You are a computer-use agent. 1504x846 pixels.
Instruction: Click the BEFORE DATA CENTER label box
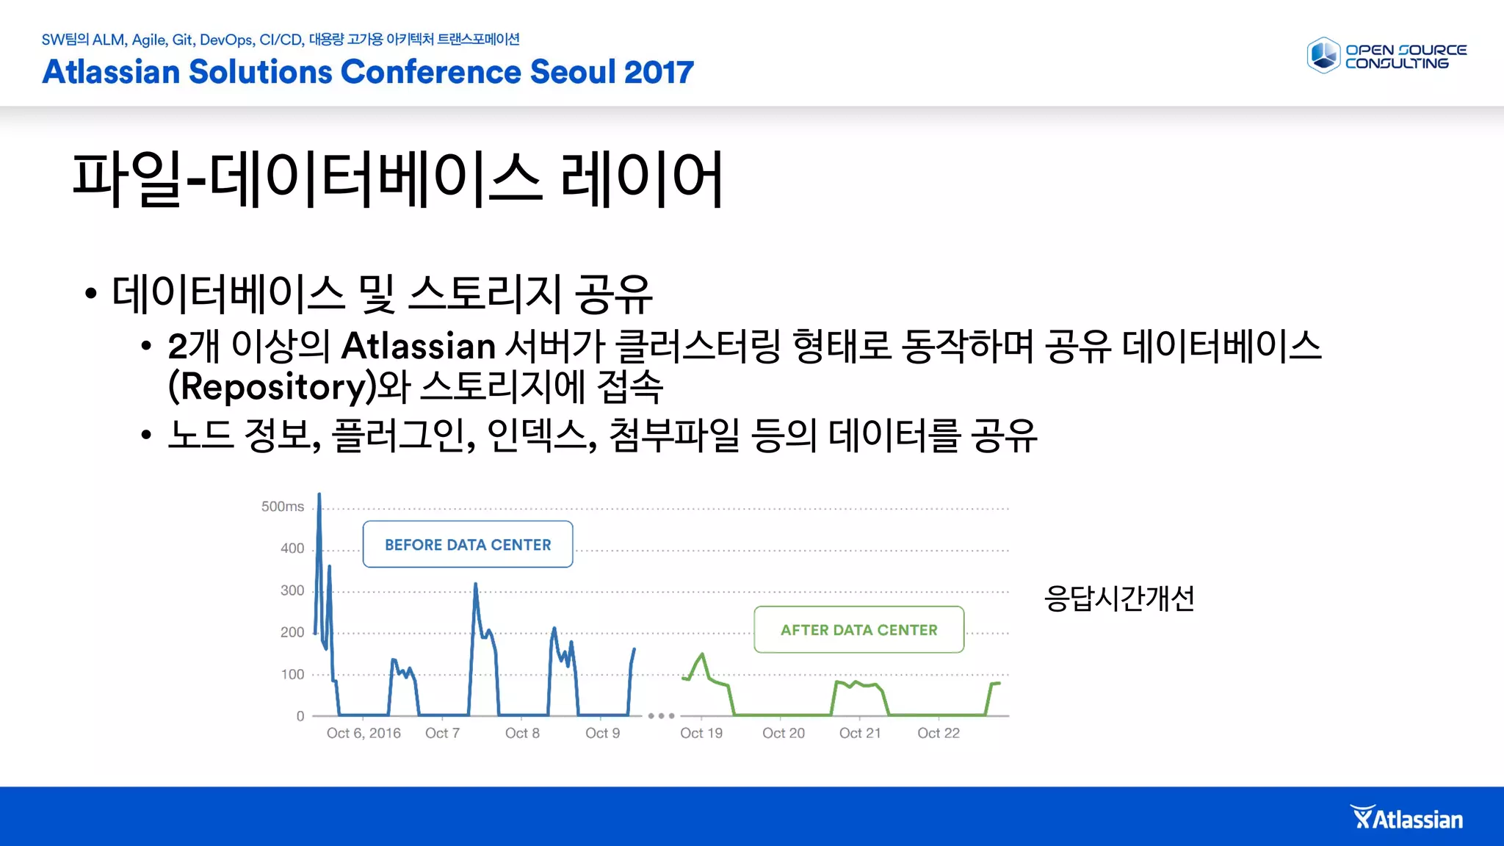[x=468, y=544]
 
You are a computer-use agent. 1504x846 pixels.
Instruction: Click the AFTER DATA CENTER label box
[x=858, y=629]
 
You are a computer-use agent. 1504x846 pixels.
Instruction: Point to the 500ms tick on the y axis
[x=283, y=507]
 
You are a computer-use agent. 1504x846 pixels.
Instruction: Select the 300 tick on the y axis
[x=292, y=590]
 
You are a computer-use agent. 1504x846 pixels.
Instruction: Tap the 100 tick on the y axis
[x=292, y=674]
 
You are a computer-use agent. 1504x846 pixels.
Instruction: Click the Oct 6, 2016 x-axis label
[x=364, y=733]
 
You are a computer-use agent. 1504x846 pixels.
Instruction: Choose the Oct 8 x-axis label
[x=522, y=733]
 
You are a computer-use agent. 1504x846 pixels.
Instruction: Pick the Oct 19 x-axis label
[x=701, y=733]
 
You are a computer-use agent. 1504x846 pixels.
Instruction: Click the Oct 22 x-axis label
[x=939, y=733]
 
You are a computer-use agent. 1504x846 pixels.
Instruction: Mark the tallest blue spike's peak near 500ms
[x=319, y=496]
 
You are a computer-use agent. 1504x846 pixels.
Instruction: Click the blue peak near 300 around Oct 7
[x=475, y=585]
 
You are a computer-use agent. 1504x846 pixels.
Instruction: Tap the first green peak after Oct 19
[x=703, y=654]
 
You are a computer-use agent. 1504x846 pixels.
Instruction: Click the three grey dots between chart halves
[x=661, y=715]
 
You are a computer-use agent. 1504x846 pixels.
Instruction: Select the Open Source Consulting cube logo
[x=1324, y=56]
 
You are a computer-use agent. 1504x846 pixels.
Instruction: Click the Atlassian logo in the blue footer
[x=1407, y=818]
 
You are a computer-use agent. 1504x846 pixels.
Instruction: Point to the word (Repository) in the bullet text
[x=271, y=387]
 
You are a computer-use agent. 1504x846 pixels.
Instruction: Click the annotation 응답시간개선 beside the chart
[x=1118, y=598]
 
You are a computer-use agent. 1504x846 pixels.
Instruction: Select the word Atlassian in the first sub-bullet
[x=419, y=346]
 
